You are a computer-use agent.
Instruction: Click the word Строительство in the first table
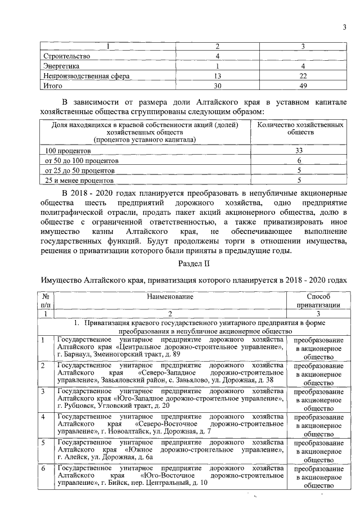66,56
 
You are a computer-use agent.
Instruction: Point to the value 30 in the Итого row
218,86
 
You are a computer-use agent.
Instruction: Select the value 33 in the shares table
299,151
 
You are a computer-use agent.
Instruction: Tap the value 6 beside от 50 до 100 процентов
299,160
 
